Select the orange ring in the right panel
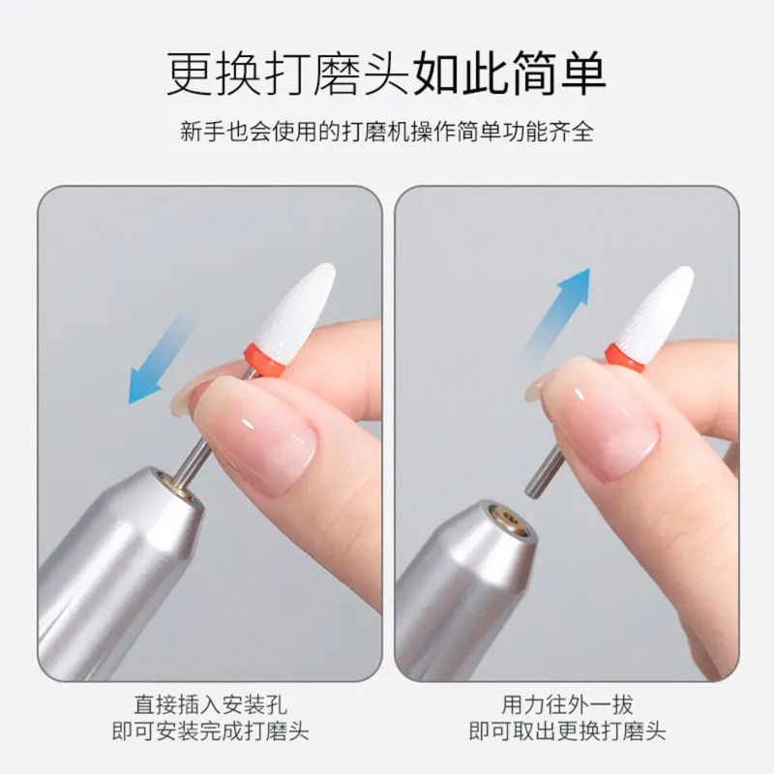625,356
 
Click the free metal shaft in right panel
541,473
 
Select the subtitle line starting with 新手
386,132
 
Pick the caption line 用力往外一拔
567,704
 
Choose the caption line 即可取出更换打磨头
567,730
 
